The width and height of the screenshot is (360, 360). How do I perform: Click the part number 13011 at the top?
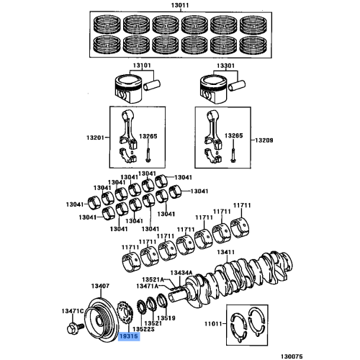[x=179, y=6]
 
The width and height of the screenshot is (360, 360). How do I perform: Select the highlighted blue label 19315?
[x=127, y=336]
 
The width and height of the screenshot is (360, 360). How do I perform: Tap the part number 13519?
[x=167, y=317]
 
